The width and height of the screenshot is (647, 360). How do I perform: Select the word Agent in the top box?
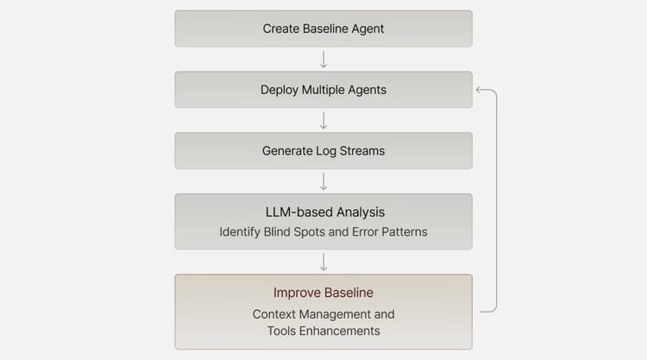(x=367, y=29)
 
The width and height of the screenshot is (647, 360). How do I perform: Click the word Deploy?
(x=280, y=91)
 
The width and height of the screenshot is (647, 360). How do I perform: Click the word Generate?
(x=287, y=151)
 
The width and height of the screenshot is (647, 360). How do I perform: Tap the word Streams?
(x=361, y=151)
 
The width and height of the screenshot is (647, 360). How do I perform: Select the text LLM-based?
(x=298, y=212)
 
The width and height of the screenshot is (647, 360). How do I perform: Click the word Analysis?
(x=361, y=212)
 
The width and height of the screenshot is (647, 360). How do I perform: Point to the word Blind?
(x=276, y=232)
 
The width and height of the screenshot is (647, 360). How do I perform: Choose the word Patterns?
(x=405, y=232)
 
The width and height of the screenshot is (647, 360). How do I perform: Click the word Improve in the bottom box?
(x=297, y=294)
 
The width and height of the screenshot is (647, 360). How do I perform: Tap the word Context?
(x=274, y=314)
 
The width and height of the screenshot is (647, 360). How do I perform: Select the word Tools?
(x=281, y=332)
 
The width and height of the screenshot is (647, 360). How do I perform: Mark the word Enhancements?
(x=340, y=332)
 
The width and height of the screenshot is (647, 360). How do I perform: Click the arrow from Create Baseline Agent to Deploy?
(x=323, y=60)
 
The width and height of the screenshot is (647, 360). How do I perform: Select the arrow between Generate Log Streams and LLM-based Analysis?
(x=323, y=181)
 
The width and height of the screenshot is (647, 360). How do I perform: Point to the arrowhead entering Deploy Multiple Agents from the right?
(x=479, y=90)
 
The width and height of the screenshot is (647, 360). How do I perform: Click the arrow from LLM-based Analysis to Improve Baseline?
(x=323, y=262)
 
